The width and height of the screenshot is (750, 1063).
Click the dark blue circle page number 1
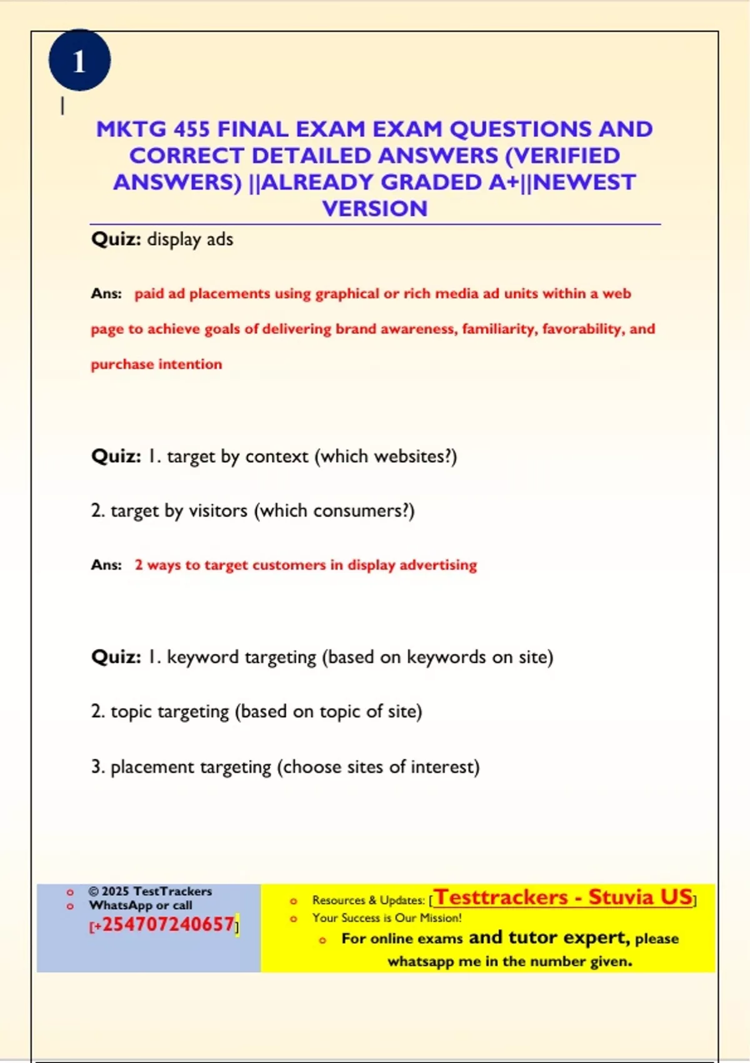(x=79, y=61)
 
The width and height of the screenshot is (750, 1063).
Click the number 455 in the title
(x=191, y=129)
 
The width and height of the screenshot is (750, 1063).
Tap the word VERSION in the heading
(x=375, y=209)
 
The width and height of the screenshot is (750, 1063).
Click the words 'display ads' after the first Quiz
(x=190, y=239)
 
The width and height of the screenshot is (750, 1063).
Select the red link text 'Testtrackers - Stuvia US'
(x=564, y=897)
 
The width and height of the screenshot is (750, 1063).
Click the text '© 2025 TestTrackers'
(x=150, y=891)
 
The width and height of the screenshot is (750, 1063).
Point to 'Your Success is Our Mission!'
(x=387, y=918)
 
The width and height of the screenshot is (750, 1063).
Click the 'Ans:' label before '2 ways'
(x=106, y=565)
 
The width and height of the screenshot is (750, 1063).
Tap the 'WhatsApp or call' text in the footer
(x=141, y=905)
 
